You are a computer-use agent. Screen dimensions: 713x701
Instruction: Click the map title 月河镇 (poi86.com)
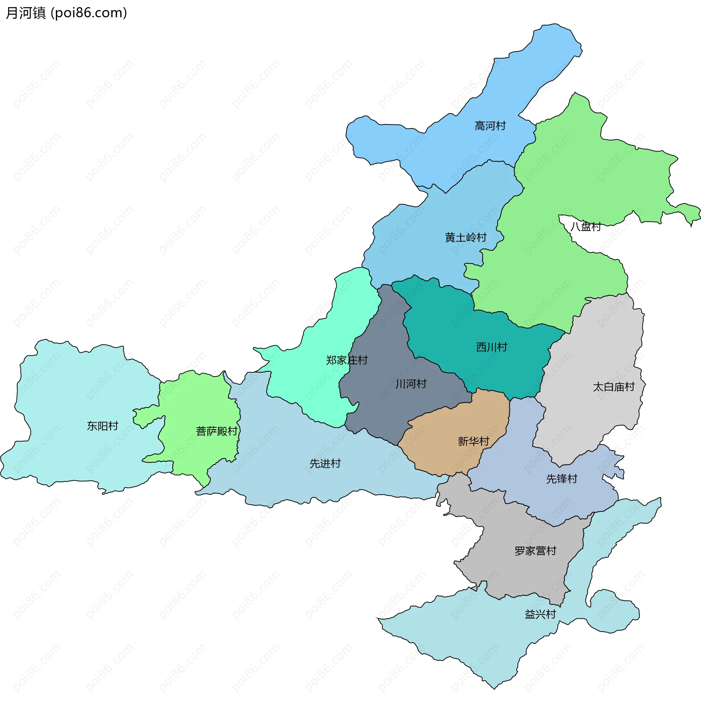coord(66,13)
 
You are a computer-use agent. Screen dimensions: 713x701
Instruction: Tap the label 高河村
coord(490,126)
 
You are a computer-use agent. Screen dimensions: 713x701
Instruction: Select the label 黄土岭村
coord(466,237)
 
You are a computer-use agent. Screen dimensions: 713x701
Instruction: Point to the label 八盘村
coord(585,226)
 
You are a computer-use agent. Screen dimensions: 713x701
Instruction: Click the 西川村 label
coord(491,347)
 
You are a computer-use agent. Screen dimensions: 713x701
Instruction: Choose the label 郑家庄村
coord(346,360)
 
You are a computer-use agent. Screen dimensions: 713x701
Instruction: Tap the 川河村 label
coord(411,384)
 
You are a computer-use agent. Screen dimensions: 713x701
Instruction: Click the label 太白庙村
coord(614,387)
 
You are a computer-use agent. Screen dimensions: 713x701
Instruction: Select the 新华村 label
coord(474,441)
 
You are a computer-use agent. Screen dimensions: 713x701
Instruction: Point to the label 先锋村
coord(562,479)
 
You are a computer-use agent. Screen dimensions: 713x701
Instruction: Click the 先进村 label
coord(325,463)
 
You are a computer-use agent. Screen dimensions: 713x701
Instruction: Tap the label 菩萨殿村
coord(217,431)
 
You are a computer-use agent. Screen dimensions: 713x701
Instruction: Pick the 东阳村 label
coord(102,426)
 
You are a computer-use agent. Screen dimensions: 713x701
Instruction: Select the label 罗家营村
coord(535,551)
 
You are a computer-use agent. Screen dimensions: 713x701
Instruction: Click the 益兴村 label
coord(540,614)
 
